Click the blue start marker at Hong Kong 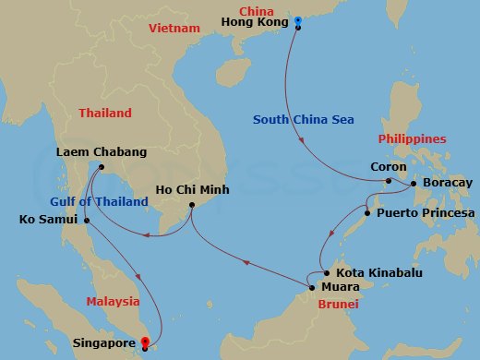[298, 21]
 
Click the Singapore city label [103, 343]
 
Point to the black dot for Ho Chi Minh [191, 205]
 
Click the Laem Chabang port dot [98, 167]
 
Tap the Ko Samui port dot [86, 220]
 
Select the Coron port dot [389, 181]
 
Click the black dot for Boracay [413, 183]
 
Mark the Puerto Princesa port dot [368, 213]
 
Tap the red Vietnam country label [174, 29]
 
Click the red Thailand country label [104, 114]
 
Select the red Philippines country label [413, 139]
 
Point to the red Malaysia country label [113, 301]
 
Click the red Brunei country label [338, 303]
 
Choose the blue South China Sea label [304, 119]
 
